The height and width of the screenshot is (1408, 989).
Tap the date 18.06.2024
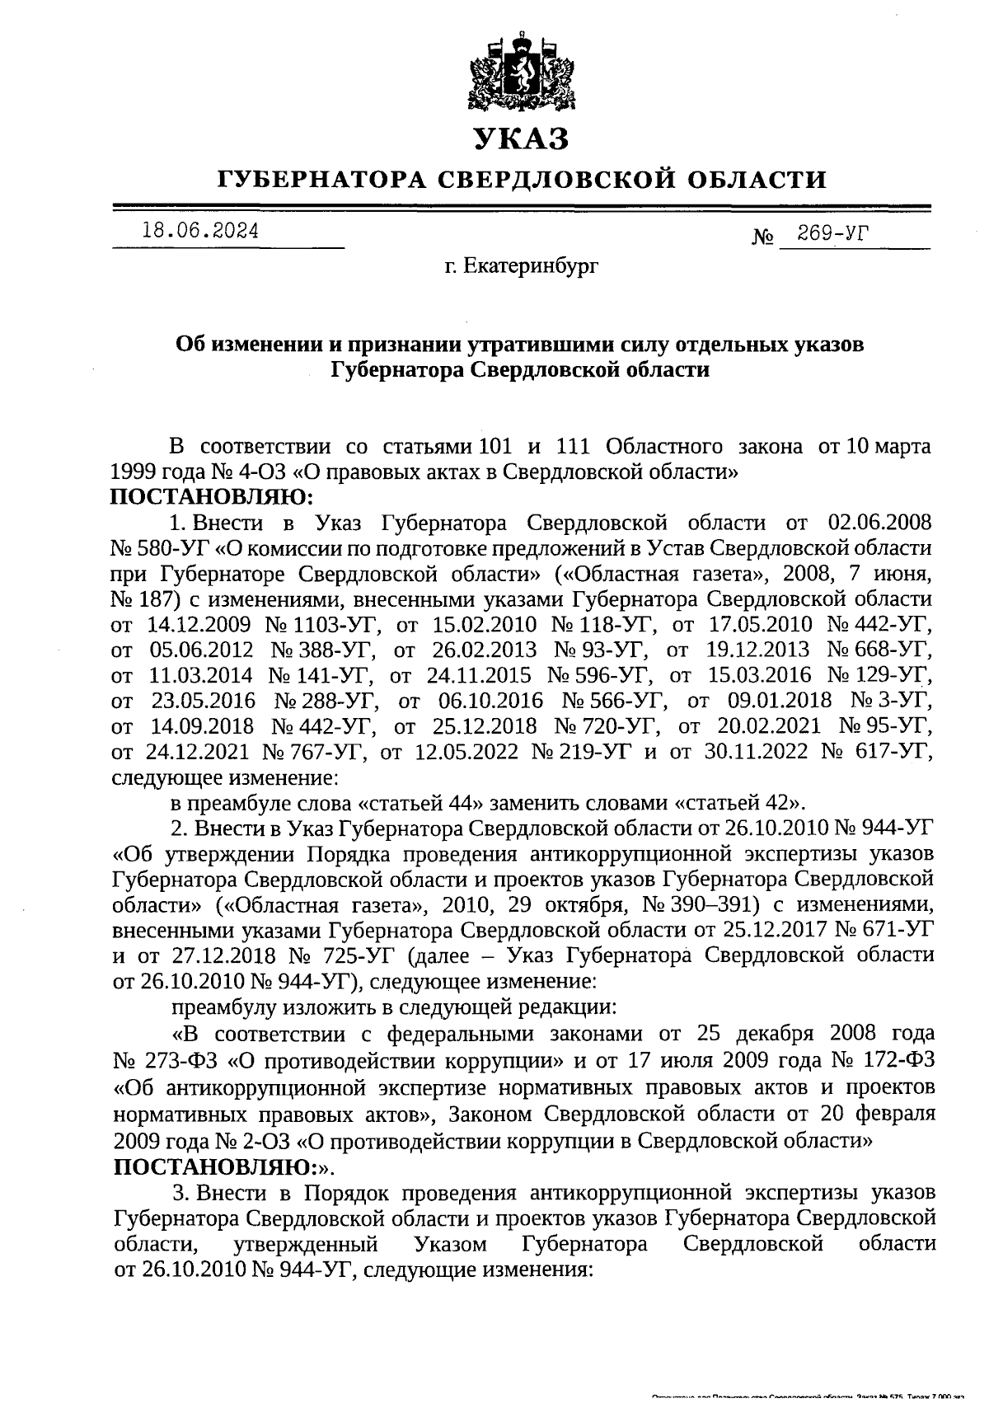tap(198, 232)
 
